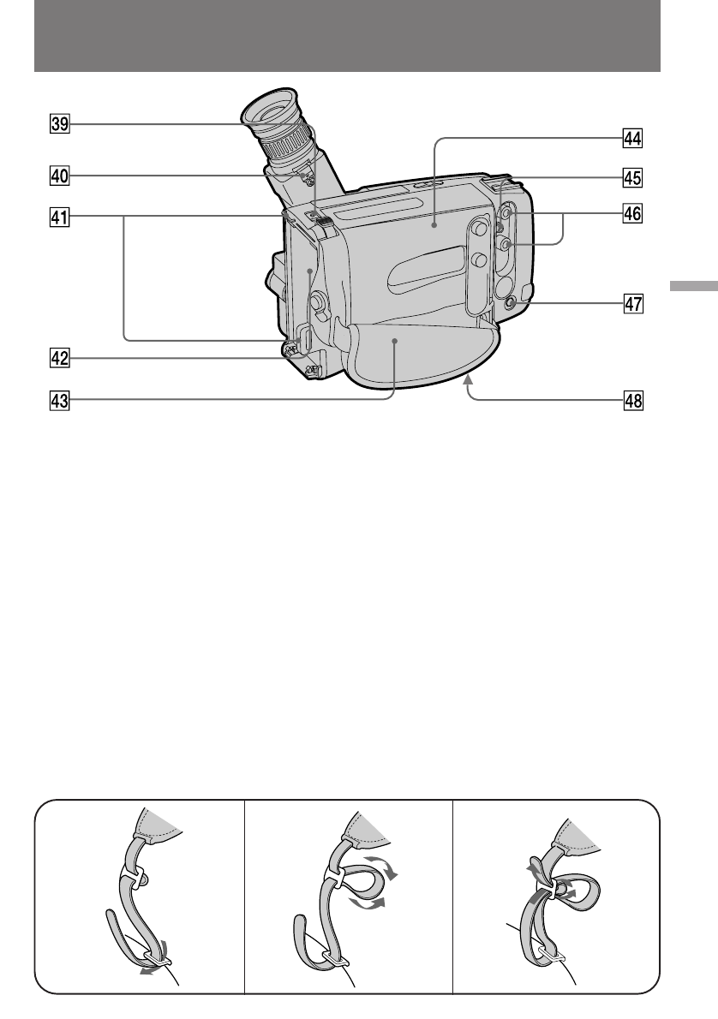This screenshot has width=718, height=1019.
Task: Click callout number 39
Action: point(59,125)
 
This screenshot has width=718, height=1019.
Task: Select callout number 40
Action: point(59,176)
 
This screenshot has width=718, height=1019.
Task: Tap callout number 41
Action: point(59,218)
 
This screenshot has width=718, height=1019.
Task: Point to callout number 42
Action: point(59,359)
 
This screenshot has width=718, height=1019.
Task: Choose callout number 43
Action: point(59,399)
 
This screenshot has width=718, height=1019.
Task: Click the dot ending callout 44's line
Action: point(435,226)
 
